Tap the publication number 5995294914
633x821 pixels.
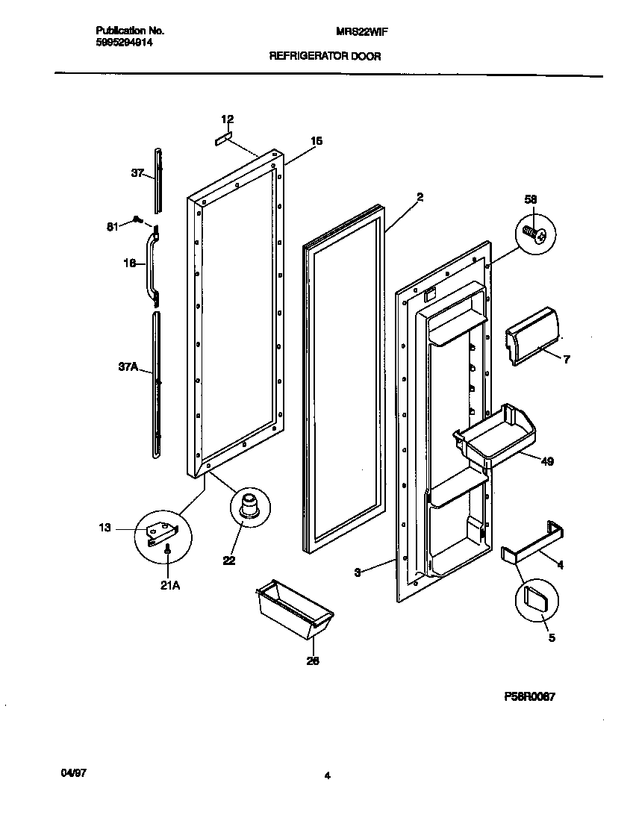click(x=125, y=43)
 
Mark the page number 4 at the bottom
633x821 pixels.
click(x=326, y=775)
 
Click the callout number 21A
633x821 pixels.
click(x=169, y=585)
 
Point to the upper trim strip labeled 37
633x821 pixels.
click(x=158, y=179)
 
